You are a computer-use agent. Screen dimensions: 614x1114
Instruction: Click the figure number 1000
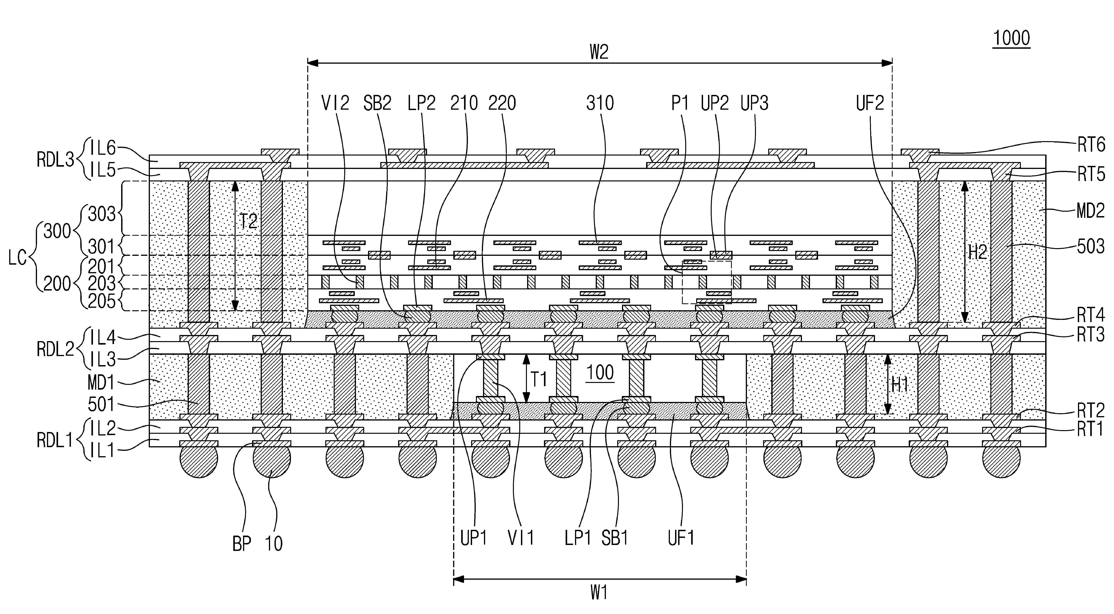[x=1011, y=39]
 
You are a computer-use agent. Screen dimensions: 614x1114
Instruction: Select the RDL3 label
[x=55, y=160]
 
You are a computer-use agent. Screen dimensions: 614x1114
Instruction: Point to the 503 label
[x=1091, y=247]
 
